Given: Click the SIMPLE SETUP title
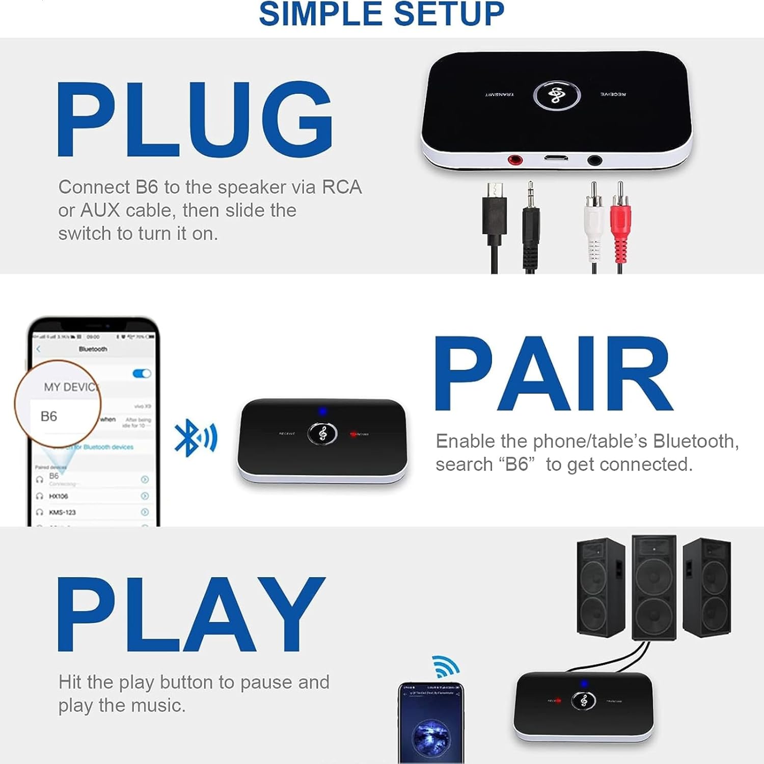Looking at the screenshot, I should [381, 14].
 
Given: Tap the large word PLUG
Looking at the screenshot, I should [195, 119].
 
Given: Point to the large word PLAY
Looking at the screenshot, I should [191, 614].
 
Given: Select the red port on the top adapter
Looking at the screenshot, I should [515, 160].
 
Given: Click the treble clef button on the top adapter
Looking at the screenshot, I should [556, 95].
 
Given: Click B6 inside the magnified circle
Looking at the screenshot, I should [49, 416].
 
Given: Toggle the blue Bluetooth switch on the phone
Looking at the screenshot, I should [142, 373].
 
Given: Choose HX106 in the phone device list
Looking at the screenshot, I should [59, 496].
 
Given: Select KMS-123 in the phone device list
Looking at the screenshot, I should [62, 512].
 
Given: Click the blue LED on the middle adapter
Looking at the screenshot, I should [322, 411].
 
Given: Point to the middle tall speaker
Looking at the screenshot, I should [654, 587].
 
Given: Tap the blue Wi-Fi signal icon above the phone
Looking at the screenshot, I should [446, 666].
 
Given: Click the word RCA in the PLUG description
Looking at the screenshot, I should [342, 187].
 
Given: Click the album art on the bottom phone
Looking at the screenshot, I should [431, 736].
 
